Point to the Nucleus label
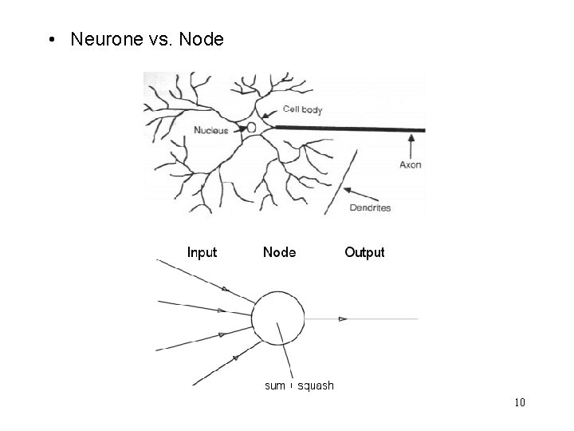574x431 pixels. (x=210, y=130)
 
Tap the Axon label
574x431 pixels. (x=411, y=165)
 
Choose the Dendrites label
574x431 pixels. (x=371, y=208)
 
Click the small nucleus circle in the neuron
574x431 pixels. (x=252, y=128)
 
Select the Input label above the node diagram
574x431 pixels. (x=202, y=252)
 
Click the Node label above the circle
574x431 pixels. (x=279, y=252)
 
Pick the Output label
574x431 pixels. (x=364, y=252)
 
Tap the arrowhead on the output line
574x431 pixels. (x=343, y=319)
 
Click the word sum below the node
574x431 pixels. (x=274, y=386)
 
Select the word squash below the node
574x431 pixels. (x=316, y=386)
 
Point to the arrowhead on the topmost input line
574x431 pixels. (x=224, y=289)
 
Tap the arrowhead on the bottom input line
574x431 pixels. (x=236, y=358)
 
